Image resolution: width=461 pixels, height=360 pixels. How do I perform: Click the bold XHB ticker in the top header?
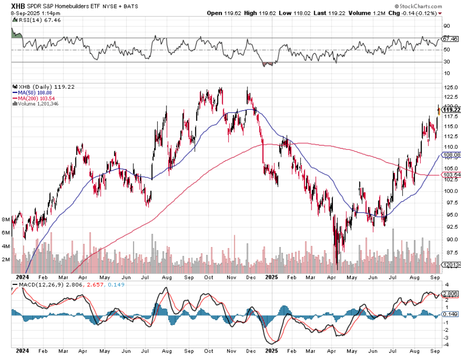18,6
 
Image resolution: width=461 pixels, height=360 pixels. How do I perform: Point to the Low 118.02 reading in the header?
292,13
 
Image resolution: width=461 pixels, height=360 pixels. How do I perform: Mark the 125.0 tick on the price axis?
448,87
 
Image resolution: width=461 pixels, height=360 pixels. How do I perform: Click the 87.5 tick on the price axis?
448,253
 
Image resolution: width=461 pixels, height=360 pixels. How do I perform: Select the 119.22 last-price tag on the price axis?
451,110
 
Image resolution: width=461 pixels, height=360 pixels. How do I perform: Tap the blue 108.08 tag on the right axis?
451,155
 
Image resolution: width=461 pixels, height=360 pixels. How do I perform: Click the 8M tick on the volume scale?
5,220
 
